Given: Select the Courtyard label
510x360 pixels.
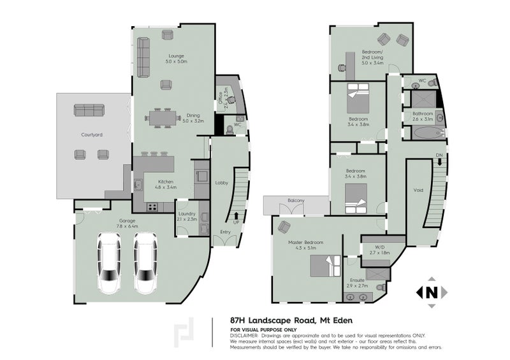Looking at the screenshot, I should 91,135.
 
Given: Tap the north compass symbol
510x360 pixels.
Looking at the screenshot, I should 430,292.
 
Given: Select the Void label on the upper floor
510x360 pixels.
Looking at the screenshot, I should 418,189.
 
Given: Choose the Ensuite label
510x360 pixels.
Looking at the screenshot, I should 357,280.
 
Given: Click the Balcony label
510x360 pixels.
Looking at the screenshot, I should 296,201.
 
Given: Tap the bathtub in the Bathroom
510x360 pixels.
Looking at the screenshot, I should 423,133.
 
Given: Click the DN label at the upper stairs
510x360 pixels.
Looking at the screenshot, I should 439,155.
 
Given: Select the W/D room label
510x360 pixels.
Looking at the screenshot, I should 379,247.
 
